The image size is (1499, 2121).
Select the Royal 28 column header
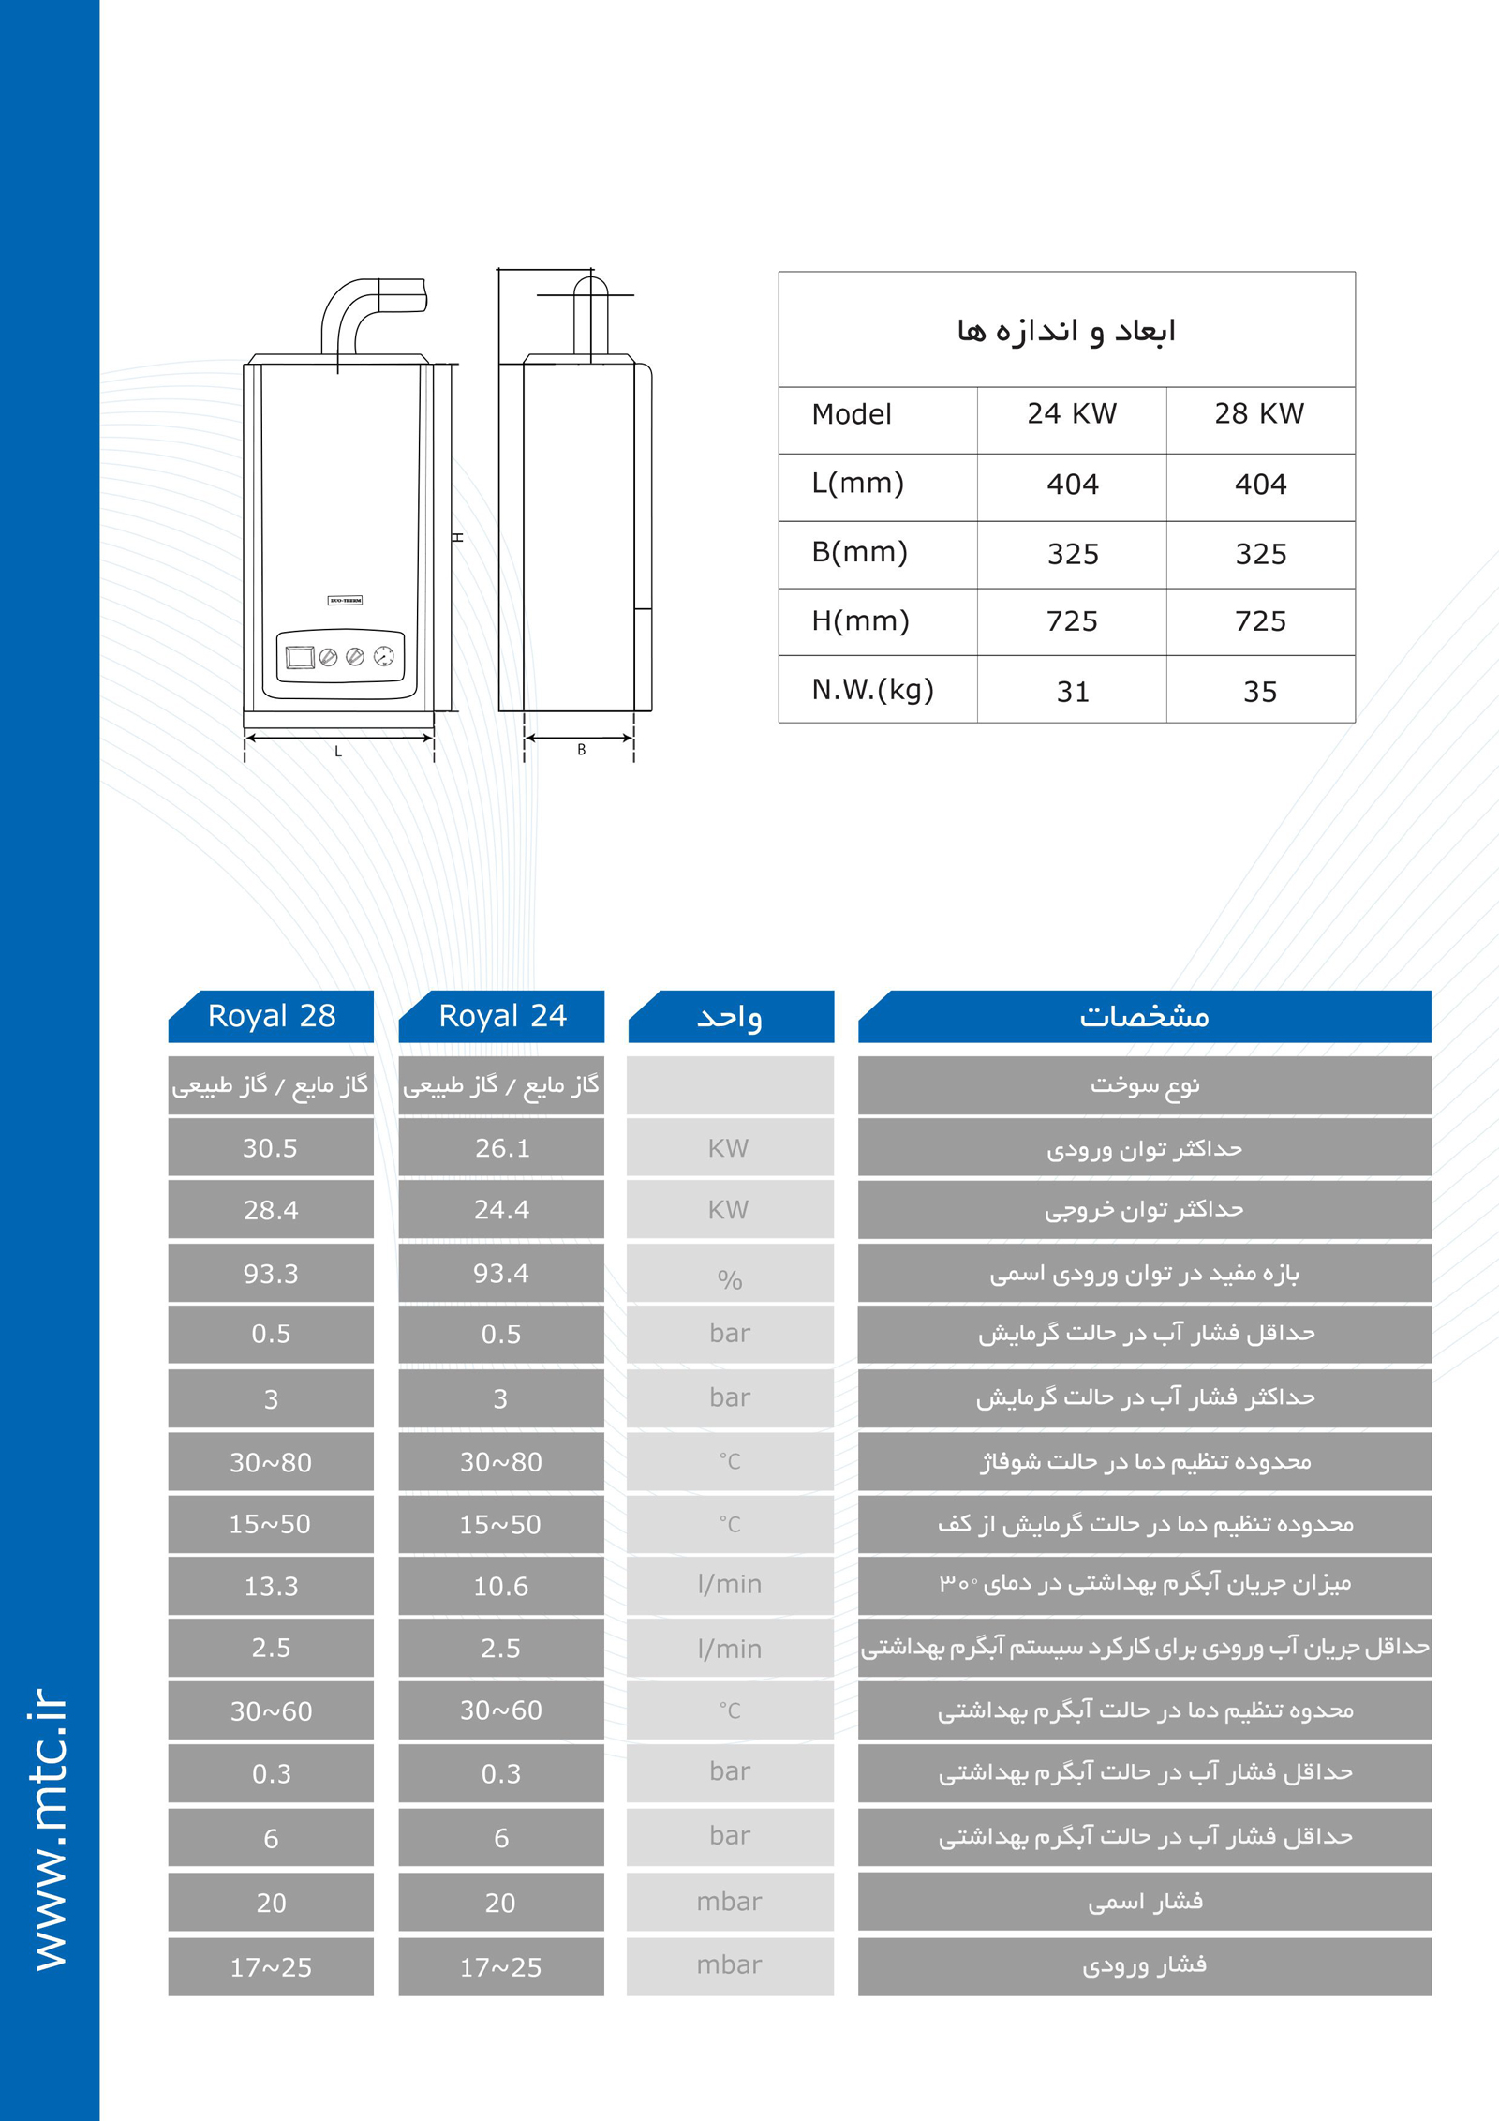point(272,1016)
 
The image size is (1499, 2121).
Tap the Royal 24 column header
point(502,1016)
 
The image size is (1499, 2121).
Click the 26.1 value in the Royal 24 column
point(502,1148)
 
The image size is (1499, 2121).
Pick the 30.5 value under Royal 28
point(271,1148)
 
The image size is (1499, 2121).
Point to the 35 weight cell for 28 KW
point(1260,692)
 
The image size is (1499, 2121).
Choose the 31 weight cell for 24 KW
point(1073,692)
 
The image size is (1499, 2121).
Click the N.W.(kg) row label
point(872,690)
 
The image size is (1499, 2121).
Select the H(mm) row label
point(860,620)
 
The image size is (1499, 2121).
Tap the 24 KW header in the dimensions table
point(1072,413)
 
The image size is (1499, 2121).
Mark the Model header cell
point(852,414)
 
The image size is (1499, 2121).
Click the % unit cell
point(730,1278)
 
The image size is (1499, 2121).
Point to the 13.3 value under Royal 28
point(271,1586)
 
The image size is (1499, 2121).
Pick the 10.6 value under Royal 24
point(501,1586)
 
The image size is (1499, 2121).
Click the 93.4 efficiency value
point(501,1274)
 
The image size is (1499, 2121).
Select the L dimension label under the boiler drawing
point(338,751)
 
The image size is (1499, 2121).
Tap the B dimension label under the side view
point(581,750)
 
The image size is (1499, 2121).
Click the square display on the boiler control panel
point(301,657)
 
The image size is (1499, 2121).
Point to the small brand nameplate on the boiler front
point(345,600)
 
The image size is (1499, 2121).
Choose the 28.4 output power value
point(271,1210)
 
